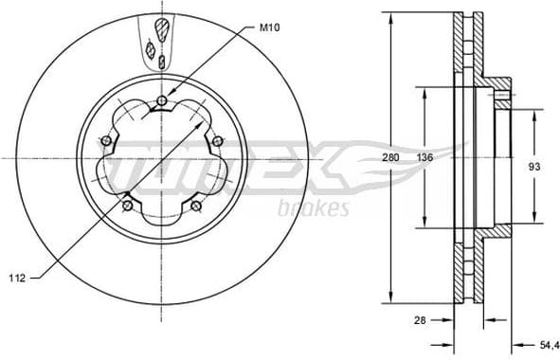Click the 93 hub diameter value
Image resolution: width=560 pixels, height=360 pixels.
[534, 167]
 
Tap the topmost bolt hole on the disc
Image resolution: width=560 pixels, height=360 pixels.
[164, 102]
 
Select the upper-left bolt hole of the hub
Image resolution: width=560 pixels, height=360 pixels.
[106, 142]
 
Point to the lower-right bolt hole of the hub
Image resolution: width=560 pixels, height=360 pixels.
[196, 206]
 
